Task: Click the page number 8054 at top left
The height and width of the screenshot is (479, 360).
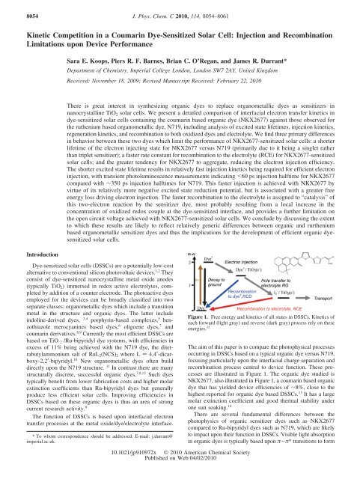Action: (16, 7)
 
